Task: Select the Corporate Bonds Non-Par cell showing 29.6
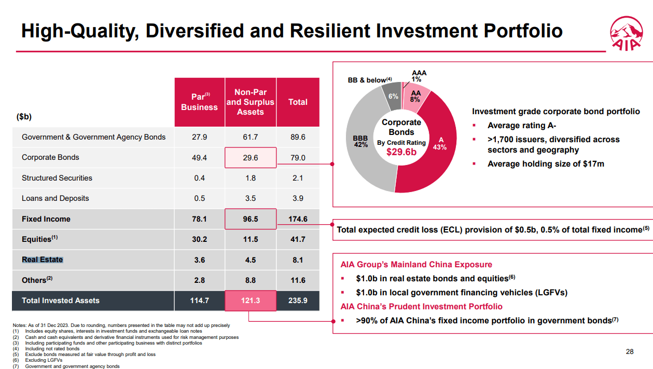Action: tap(251, 157)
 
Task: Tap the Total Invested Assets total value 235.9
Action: tap(298, 300)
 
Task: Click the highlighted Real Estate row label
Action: tap(43, 259)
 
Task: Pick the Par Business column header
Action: tap(199, 102)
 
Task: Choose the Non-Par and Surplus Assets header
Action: tap(251, 102)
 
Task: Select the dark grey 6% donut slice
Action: tap(393, 97)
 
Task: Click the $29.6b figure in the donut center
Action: tap(401, 152)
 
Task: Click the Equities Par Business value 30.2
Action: tap(199, 239)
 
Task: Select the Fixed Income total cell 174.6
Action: tap(298, 219)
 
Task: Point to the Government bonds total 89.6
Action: tap(298, 137)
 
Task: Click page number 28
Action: tap(630, 352)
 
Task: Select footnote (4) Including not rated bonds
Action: tap(52, 349)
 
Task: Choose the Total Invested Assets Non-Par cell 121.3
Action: tap(251, 300)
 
